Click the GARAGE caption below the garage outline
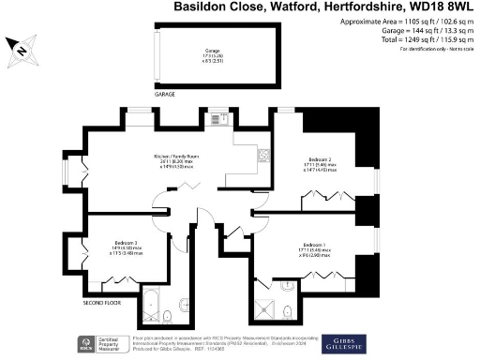coord(164,95)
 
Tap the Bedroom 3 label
coord(123,243)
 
